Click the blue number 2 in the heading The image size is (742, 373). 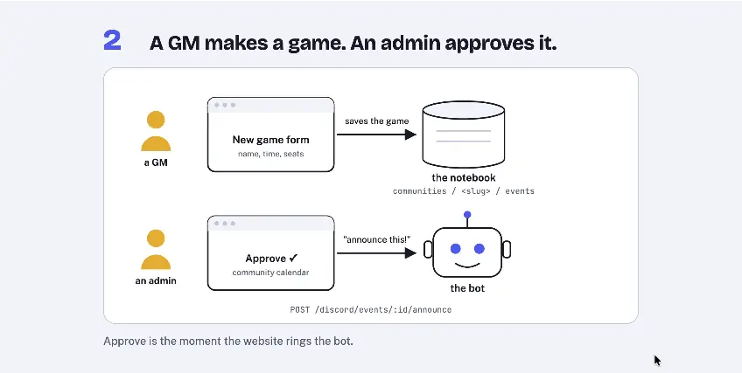click(112, 40)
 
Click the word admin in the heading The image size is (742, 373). click(409, 43)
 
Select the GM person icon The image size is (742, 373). click(156, 131)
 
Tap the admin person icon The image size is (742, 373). click(156, 249)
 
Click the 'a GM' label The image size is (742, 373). click(156, 162)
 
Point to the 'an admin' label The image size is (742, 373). click(156, 280)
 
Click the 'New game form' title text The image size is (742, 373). click(270, 140)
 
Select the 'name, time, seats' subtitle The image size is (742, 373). click(270, 154)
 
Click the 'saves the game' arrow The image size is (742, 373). click(376, 135)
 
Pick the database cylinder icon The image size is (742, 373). click(463, 135)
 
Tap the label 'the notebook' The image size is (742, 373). click(463, 177)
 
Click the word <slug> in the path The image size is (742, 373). click(476, 191)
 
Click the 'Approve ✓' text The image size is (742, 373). click(271, 259)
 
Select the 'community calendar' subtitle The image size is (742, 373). click(270, 273)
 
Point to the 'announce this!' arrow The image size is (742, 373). click(376, 253)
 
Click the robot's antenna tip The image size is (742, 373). click(467, 215)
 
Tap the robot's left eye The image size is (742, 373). click(455, 248)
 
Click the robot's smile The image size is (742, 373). click(467, 266)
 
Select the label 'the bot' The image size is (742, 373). click(467, 288)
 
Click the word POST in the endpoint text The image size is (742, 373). click(299, 310)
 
